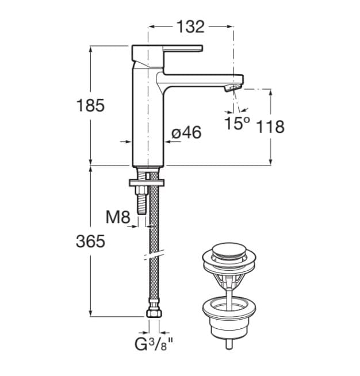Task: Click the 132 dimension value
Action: (x=190, y=26)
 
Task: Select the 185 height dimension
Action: (x=90, y=105)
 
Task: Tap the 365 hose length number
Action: (x=90, y=241)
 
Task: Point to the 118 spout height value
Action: (x=270, y=126)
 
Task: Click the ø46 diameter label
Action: (x=186, y=132)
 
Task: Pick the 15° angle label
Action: (x=237, y=123)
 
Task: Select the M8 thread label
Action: (x=118, y=217)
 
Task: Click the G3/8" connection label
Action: (x=154, y=344)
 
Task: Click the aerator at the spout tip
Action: (x=232, y=88)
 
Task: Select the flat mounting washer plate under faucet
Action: (x=147, y=183)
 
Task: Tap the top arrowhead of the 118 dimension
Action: (x=270, y=92)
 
